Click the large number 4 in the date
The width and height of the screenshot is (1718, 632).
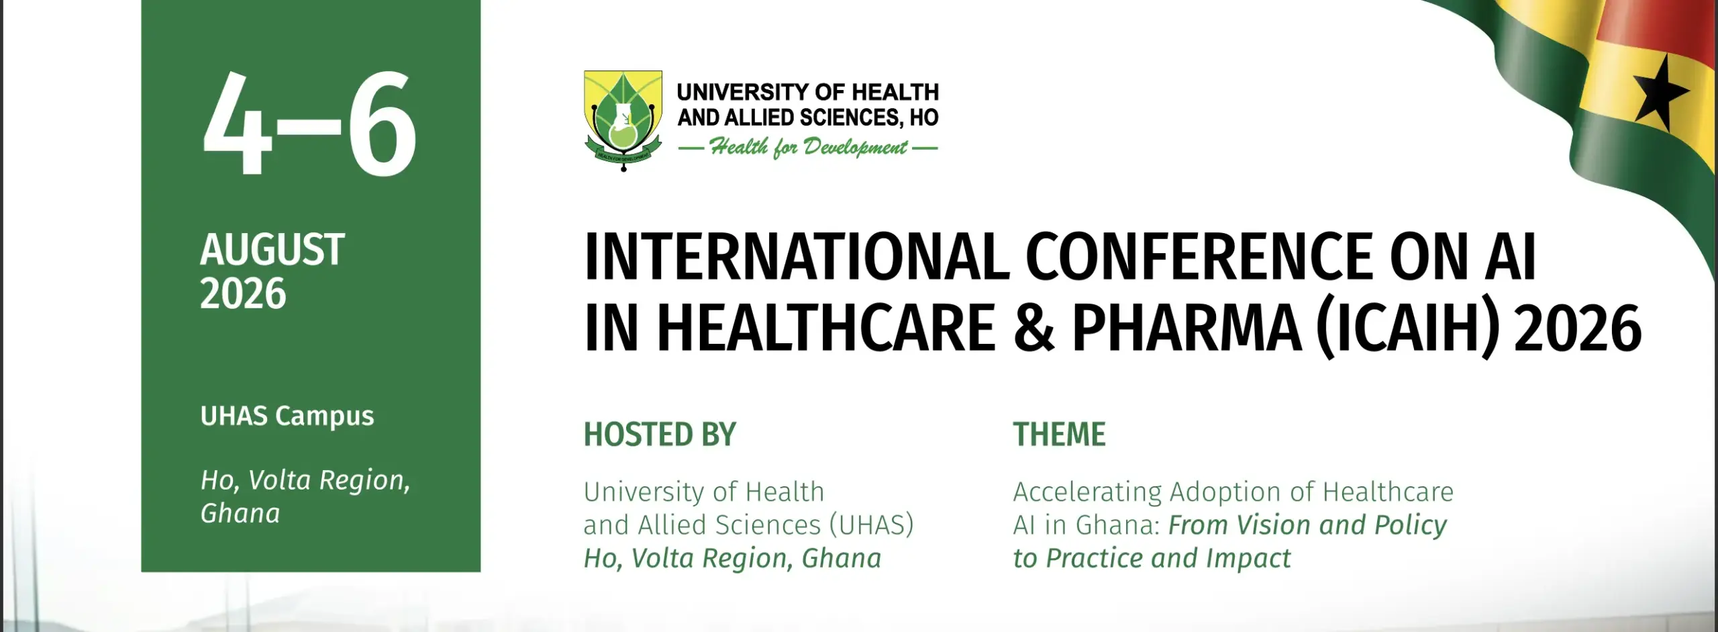[238, 124]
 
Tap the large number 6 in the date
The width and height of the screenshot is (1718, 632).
[382, 124]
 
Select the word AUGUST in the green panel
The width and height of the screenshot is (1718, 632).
[272, 249]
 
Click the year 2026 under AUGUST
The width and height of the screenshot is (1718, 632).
[243, 294]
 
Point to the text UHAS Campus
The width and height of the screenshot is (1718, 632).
[287, 416]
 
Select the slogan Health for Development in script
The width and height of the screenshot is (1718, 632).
[808, 147]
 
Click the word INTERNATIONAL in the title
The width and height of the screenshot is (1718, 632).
[797, 256]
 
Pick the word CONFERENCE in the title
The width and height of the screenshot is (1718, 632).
[1200, 256]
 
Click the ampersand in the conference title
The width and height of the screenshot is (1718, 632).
[1034, 327]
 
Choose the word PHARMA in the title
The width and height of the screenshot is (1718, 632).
[1186, 328]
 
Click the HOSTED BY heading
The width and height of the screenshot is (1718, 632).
[660, 435]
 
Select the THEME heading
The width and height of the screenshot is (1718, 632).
[1060, 435]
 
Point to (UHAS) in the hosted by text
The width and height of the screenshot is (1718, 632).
[872, 525]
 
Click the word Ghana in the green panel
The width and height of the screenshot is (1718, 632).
[240, 514]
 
